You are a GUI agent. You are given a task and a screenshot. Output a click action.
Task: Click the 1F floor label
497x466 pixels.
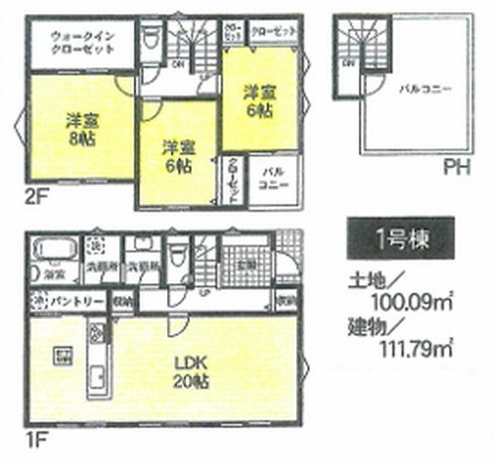[x=36, y=436]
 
